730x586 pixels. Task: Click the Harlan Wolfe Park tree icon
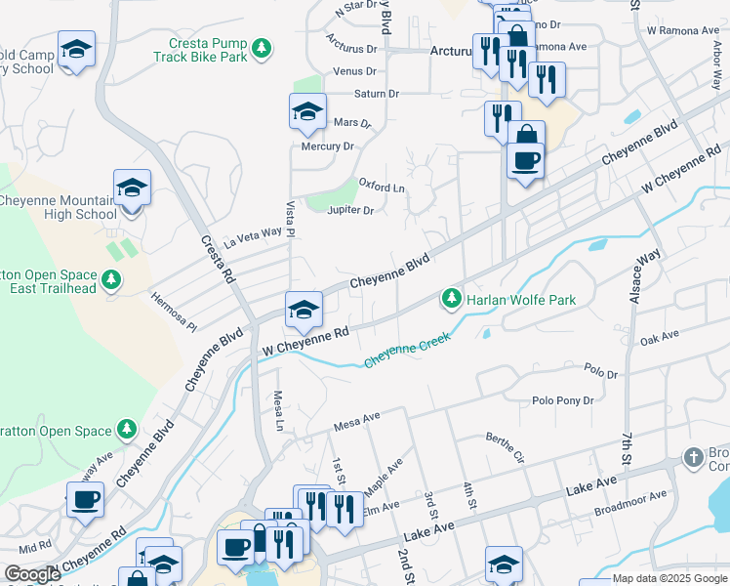(x=451, y=297)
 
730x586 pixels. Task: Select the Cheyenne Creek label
(x=408, y=352)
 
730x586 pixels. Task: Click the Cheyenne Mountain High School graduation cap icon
(x=132, y=188)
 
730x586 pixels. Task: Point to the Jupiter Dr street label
(x=351, y=210)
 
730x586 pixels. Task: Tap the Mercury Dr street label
(x=327, y=146)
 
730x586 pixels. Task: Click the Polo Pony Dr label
(x=563, y=400)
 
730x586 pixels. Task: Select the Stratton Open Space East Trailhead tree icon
(x=112, y=280)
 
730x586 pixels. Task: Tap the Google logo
(x=32, y=574)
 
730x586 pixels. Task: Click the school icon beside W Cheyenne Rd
(x=304, y=310)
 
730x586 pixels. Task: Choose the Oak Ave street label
(x=659, y=337)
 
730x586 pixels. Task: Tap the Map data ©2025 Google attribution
(x=667, y=578)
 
